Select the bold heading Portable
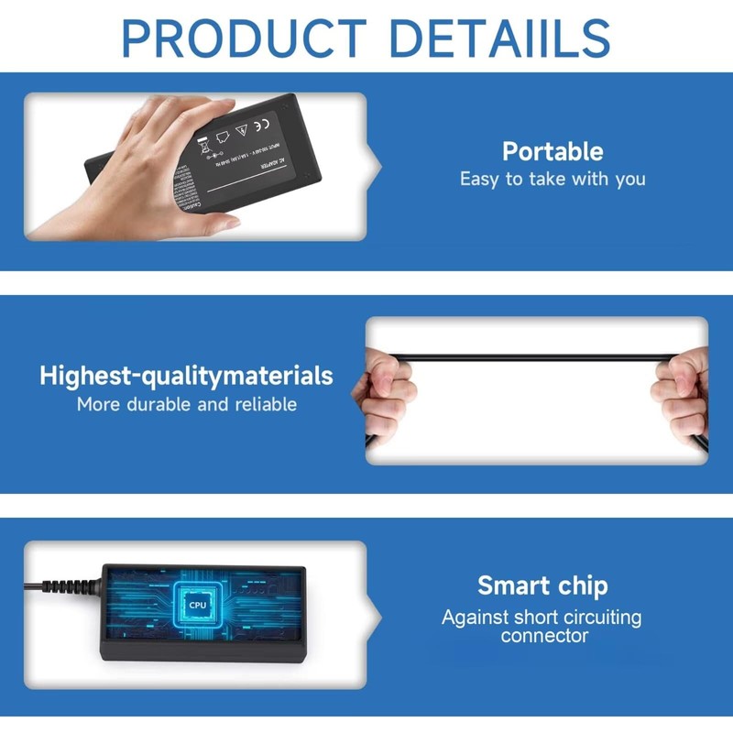click(552, 151)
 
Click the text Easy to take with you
click(552, 179)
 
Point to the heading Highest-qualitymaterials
click(186, 376)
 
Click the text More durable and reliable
click(186, 404)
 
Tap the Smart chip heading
click(542, 585)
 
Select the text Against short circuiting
click(542, 617)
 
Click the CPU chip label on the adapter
click(197, 605)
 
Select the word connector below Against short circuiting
click(544, 635)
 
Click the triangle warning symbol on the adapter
click(241, 132)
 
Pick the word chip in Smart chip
click(578, 585)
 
